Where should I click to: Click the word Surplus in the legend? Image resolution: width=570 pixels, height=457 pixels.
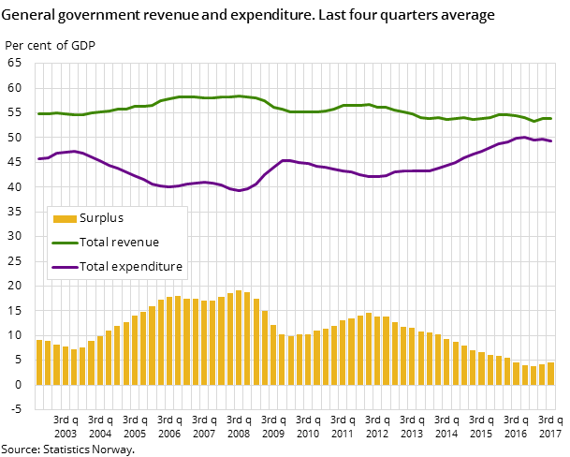101,218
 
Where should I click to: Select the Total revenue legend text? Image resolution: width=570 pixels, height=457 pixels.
119,243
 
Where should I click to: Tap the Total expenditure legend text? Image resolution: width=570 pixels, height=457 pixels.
131,267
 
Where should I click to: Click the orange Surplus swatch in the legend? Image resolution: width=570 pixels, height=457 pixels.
65,219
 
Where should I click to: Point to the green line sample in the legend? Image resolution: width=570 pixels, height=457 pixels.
65,243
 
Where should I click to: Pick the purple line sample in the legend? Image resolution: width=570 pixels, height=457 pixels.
65,267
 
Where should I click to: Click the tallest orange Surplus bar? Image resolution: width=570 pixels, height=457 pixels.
239,337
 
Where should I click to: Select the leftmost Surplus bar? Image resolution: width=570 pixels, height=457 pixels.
39,361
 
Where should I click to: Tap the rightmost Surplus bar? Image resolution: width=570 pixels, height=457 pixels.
550,373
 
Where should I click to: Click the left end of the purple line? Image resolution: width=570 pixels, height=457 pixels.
39,158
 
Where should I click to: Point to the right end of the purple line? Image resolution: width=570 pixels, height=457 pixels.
550,140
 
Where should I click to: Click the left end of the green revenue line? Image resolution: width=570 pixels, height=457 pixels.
39,113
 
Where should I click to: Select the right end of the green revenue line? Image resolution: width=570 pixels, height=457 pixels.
550,118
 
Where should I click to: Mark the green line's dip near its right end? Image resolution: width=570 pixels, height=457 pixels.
534,121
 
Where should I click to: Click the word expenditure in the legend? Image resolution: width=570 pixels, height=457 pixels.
148,267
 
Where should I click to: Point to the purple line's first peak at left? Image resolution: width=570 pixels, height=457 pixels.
73,151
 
